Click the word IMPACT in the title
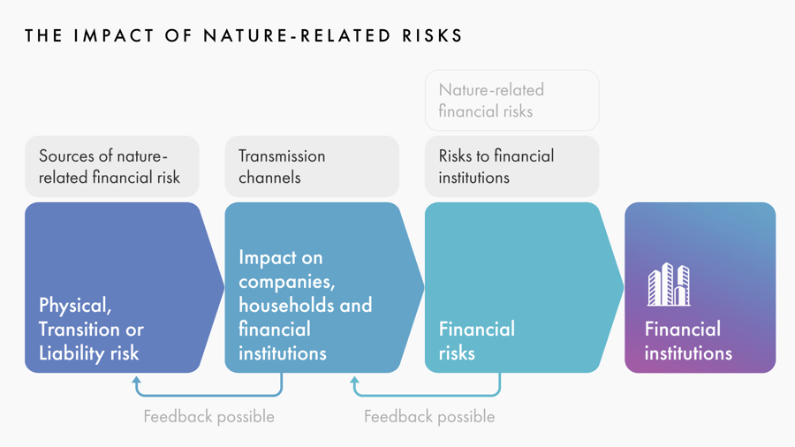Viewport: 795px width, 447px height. pos(114,35)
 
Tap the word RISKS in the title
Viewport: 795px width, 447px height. pos(433,35)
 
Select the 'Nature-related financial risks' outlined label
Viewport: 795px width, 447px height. pos(511,101)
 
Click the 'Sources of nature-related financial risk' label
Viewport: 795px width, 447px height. pos(112,166)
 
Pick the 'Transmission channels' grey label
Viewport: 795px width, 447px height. pos(312,166)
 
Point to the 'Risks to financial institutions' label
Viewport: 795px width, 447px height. pos(511,166)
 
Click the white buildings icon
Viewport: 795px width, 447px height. pos(669,284)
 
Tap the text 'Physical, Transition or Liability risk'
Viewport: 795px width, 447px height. pos(91,330)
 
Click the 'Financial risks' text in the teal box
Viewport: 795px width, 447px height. pos(477,341)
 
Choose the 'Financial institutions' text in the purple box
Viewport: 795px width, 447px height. pos(688,341)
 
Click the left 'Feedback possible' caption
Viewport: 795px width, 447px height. pos(208,417)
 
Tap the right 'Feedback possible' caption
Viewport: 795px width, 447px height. pos(429,417)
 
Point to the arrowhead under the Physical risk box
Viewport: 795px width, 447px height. pos(136,380)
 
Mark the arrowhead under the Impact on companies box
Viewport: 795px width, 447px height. pos(354,380)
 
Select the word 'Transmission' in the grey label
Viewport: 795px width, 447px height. pos(282,156)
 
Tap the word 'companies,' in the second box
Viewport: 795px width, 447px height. pos(287,282)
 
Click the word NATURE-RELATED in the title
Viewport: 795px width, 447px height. pos(297,35)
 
